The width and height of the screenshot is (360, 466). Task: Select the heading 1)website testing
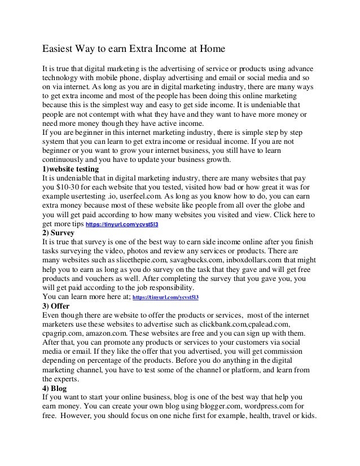click(71, 169)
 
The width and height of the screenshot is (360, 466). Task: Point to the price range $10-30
click(73, 187)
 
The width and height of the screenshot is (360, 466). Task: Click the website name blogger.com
click(210, 408)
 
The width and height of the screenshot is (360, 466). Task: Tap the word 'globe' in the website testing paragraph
click(280, 205)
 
